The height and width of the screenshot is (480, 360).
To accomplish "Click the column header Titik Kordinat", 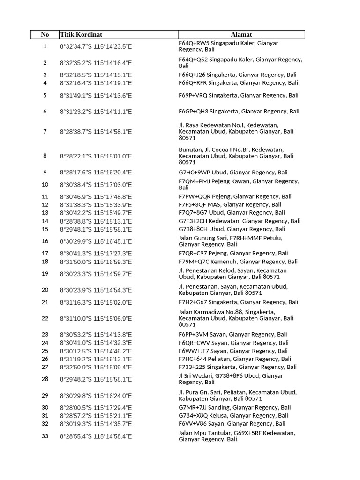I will click(82, 35).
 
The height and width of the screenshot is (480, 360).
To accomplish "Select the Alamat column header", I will click(241, 35).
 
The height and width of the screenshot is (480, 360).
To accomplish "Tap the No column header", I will click(45, 35).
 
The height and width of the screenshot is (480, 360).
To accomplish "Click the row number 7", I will click(45, 132).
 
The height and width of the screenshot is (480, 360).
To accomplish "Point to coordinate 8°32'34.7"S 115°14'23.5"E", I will click(96, 46).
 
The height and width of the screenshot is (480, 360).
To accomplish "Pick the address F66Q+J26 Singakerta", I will click(238, 75).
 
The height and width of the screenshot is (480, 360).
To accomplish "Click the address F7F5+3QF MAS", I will click(230, 205).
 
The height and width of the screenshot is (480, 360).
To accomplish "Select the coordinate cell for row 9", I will click(96, 172).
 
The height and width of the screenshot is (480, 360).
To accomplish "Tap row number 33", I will click(45, 436).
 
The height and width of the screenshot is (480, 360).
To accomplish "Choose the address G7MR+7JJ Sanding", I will click(235, 408).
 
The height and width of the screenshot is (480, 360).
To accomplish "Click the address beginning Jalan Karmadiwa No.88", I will click(236, 318).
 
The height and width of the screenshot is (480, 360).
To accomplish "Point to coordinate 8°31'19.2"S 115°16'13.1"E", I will click(96, 359).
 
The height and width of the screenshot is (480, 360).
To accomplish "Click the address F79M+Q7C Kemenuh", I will click(238, 262).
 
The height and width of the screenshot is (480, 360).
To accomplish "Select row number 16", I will click(45, 241).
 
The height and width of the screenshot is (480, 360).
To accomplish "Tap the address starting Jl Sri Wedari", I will click(231, 379).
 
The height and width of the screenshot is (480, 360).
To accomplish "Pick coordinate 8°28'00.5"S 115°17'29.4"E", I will click(96, 408).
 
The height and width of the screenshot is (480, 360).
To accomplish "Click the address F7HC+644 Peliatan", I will click(235, 359).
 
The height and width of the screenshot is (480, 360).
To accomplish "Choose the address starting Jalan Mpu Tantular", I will click(237, 436).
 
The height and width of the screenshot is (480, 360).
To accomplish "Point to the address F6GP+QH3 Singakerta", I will click(239, 112).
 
